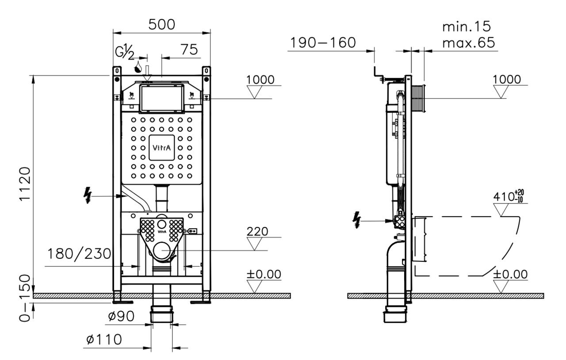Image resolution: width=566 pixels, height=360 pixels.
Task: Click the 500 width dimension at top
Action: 162,25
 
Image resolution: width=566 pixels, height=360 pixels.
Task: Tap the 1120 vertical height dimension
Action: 25,184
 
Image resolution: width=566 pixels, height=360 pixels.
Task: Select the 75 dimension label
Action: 189,50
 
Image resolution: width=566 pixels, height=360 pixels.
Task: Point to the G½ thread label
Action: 125,52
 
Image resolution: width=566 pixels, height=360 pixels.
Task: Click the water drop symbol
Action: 138,67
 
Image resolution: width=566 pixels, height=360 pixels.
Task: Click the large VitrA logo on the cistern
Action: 162,148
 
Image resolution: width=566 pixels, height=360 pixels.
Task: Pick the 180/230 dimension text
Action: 79,253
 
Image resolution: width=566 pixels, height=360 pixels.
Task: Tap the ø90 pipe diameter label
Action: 121,316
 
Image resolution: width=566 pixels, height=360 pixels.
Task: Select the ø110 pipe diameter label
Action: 104,339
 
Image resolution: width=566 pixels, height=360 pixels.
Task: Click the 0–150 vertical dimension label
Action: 25,299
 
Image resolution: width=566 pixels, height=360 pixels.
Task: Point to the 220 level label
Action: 257,231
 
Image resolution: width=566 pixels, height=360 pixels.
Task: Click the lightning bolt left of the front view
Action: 88,195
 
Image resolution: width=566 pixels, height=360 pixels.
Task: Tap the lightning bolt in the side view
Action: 356,220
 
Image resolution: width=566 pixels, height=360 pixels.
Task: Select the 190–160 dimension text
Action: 323,43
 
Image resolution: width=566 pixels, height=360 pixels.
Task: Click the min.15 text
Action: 467,27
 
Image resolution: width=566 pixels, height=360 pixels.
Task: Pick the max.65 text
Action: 469,43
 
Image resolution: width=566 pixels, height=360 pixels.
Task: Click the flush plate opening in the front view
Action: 162,99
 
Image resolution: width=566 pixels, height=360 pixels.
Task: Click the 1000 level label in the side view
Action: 507,80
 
